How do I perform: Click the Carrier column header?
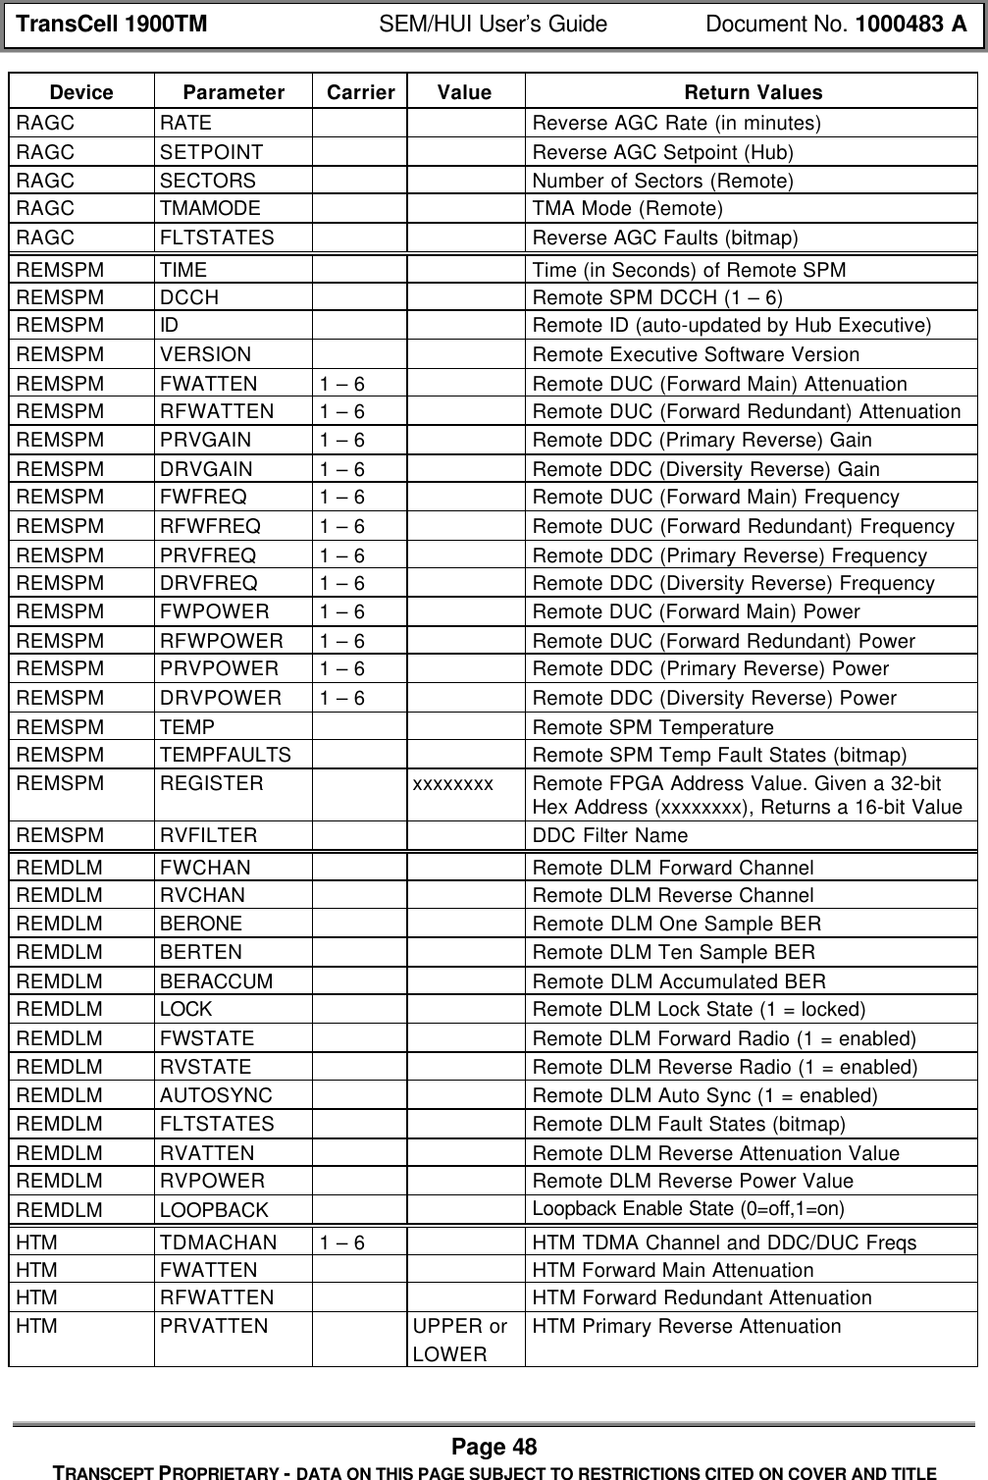360,93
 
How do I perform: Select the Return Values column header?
752,93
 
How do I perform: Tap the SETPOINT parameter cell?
211,152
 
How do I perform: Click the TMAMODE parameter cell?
210,209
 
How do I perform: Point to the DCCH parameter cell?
189,297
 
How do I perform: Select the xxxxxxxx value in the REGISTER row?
452,784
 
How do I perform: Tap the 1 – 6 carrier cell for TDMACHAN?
341,1242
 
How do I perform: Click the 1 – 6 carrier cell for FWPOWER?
341,612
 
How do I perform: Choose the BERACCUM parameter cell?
217,981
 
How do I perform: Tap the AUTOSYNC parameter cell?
217,1095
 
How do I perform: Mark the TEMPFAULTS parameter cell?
226,756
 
